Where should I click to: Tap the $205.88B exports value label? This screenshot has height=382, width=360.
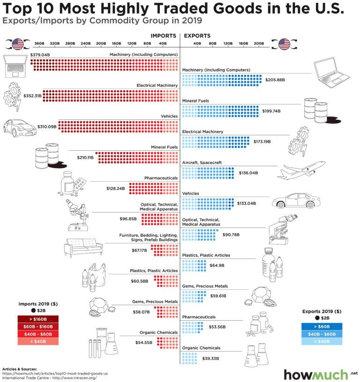275,80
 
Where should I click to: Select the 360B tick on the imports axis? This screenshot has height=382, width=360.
39,44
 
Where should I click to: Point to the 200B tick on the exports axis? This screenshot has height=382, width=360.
259,44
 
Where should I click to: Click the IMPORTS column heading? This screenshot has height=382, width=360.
163,36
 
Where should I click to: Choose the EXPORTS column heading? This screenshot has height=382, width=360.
197,36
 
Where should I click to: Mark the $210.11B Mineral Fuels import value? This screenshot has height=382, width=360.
86,158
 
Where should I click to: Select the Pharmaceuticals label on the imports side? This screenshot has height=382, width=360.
161,178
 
